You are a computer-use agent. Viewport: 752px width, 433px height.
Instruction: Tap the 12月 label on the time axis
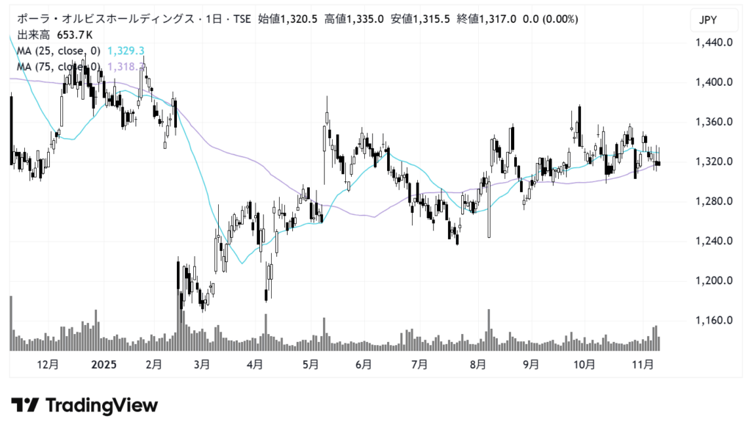tap(47, 363)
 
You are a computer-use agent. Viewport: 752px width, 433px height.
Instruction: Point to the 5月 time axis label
tap(310, 363)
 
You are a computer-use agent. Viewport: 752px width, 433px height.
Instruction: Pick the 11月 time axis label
tap(644, 363)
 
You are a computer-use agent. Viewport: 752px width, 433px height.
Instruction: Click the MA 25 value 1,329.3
tap(126, 51)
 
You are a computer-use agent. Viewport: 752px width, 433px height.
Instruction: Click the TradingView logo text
tap(101, 405)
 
